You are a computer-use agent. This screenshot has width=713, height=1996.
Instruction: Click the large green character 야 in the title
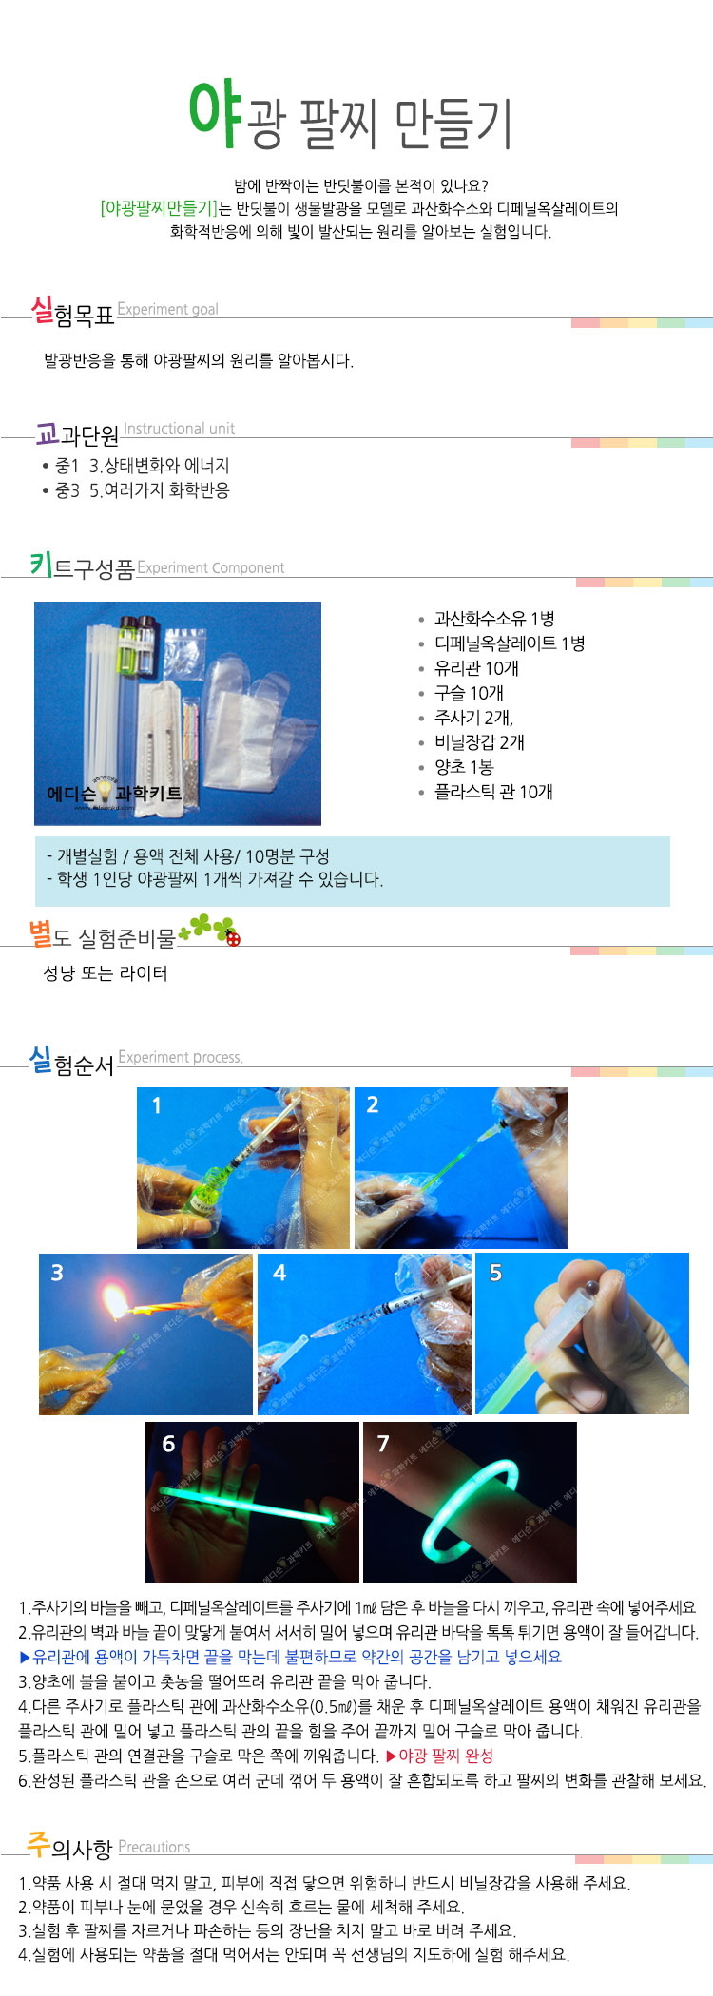pyautogui.click(x=216, y=114)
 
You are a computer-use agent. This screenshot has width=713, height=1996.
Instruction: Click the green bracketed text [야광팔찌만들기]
pyautogui.click(x=159, y=208)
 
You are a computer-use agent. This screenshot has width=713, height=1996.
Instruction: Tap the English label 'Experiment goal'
pyautogui.click(x=167, y=309)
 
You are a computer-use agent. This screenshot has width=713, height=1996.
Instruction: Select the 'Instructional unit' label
pyautogui.click(x=179, y=429)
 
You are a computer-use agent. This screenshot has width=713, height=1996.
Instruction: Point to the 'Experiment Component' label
pyautogui.click(x=211, y=567)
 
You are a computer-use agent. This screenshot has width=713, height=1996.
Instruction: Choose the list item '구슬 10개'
pyautogui.click(x=469, y=693)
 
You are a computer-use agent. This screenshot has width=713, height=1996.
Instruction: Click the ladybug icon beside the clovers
pyautogui.click(x=233, y=938)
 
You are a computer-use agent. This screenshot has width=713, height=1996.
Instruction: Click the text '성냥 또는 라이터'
pyautogui.click(x=106, y=973)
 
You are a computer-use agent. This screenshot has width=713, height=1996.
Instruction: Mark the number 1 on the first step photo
pyautogui.click(x=157, y=1105)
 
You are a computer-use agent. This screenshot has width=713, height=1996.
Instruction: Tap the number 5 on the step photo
pyautogui.click(x=495, y=1273)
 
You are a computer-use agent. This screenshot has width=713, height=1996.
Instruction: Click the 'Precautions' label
pyautogui.click(x=154, y=1847)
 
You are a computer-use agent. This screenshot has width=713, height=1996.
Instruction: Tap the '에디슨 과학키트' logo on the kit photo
pyautogui.click(x=114, y=793)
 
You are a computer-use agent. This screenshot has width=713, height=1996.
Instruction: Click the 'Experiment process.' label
pyautogui.click(x=181, y=1057)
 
